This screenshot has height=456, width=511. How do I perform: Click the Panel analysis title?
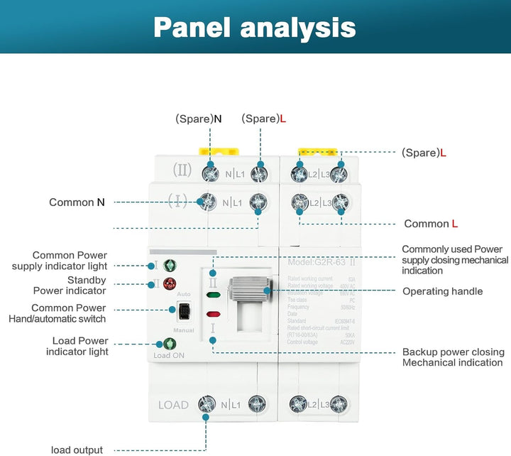click(255, 27)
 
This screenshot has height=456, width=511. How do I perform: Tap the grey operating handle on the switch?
click(250, 291)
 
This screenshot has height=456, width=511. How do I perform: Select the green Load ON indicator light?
click(170, 343)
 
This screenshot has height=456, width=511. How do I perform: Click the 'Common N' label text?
click(77, 202)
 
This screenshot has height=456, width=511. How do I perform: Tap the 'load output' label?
click(77, 450)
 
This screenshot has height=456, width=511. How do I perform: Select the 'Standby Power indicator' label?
click(70, 285)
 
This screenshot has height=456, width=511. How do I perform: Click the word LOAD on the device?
click(173, 405)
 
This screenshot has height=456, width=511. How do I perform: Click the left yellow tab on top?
click(213, 151)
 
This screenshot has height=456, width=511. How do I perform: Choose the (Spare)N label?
click(198, 119)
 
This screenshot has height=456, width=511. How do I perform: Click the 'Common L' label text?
click(431, 224)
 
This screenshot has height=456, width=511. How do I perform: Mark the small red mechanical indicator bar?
click(212, 313)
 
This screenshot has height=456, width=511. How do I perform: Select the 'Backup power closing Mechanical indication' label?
click(453, 357)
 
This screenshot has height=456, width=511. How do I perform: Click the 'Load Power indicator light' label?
click(70, 346)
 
